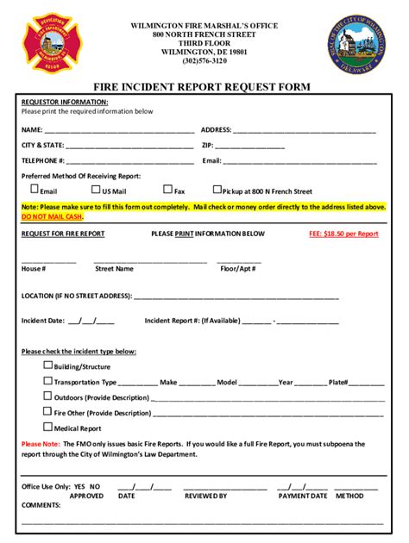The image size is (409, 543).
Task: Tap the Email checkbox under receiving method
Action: pos(35,190)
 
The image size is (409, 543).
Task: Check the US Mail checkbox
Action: pos(97,190)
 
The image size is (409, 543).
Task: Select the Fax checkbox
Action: pos(168,190)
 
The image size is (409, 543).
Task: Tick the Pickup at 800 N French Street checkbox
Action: pos(217,190)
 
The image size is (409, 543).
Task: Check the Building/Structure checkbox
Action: pos(48,365)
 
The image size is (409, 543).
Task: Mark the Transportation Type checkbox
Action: pos(48,381)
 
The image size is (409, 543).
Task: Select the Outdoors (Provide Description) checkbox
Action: pos(48,396)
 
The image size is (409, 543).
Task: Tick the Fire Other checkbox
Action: pos(48,412)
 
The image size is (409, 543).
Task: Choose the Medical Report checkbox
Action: pos(48,428)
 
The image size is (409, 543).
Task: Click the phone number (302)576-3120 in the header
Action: pos(204,60)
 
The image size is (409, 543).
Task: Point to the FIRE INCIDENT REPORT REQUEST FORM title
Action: pos(204,87)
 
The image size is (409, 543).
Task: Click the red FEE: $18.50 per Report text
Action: pos(343,234)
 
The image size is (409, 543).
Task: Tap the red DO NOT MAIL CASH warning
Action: pos(52,217)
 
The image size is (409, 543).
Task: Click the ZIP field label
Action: pos(207,145)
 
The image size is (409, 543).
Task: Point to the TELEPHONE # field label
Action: pos(43,160)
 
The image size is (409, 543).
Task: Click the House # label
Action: pos(34,269)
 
